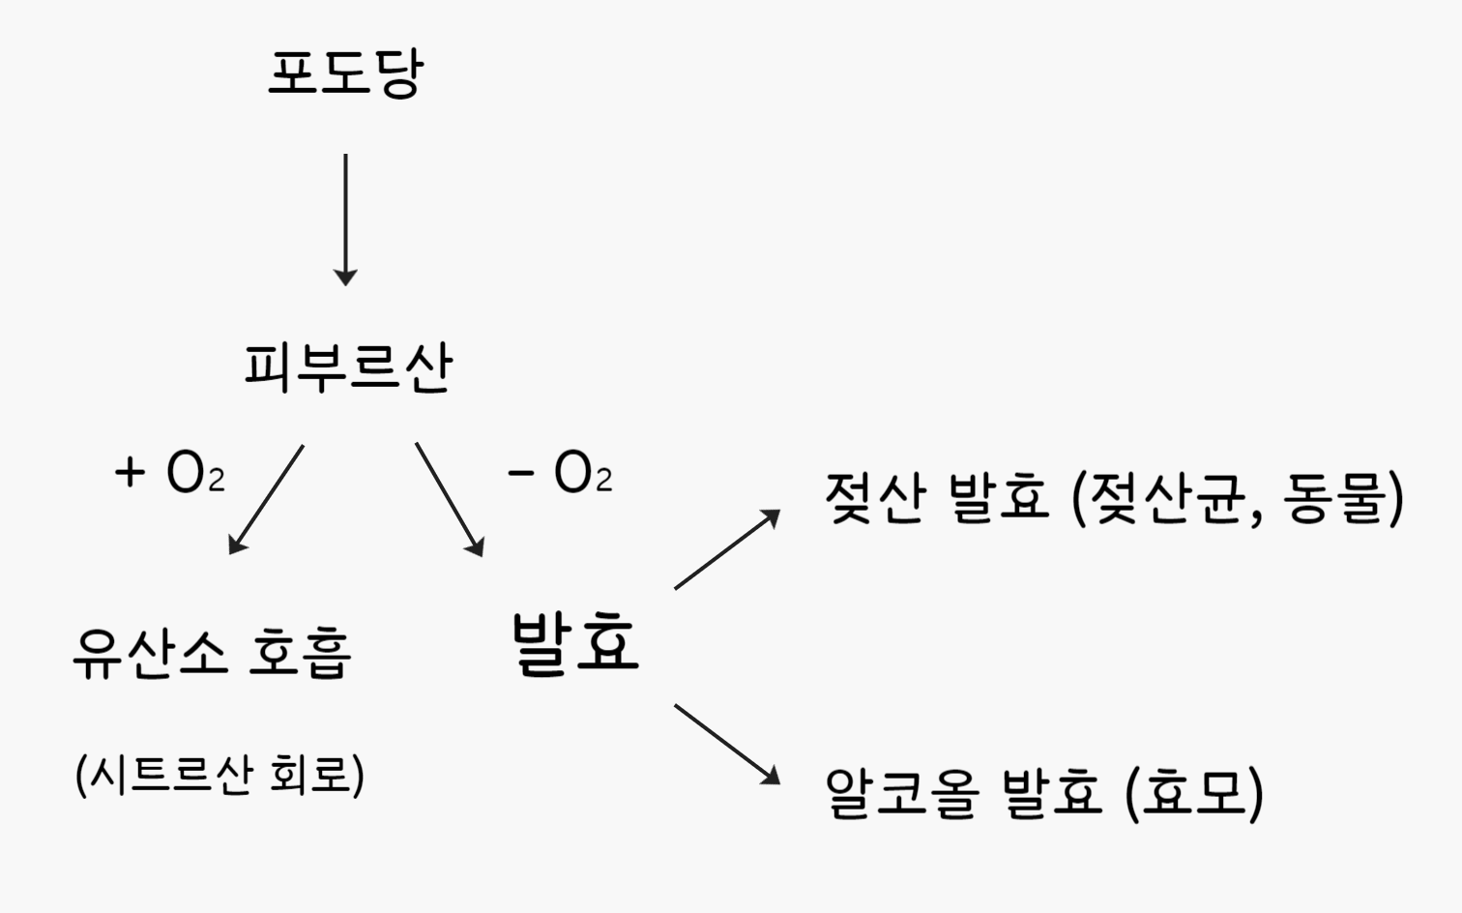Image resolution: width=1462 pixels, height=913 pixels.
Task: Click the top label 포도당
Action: tap(345, 74)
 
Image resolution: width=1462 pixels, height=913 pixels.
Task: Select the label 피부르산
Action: tap(348, 367)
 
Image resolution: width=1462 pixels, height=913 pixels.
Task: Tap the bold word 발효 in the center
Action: tap(575, 642)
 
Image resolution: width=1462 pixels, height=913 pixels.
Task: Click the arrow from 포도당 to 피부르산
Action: tap(345, 219)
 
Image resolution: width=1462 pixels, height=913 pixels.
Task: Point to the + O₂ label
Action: tap(170, 473)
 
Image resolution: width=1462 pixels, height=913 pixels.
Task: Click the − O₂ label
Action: tap(560, 473)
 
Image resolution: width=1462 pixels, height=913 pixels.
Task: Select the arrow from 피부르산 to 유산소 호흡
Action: tap(267, 498)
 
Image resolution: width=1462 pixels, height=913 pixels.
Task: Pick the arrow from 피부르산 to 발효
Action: tap(449, 498)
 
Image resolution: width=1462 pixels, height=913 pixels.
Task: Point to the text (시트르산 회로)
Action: tap(219, 774)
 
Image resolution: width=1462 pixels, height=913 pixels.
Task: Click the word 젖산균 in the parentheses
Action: tap(1170, 498)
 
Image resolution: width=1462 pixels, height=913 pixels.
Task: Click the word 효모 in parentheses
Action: tap(1193, 793)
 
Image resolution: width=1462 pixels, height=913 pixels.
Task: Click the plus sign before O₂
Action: tap(130, 473)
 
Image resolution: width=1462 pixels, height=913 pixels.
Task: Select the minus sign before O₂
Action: tap(521, 473)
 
